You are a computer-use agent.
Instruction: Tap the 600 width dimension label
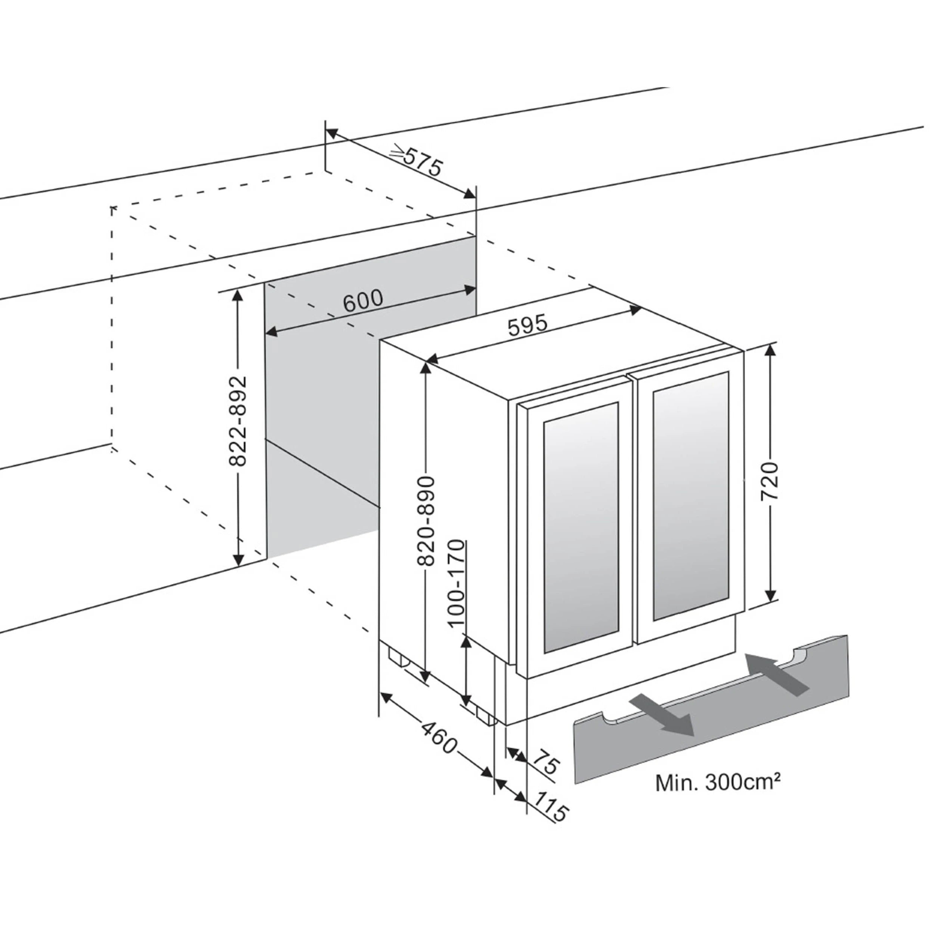[x=363, y=300]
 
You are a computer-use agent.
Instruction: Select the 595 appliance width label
[x=528, y=325]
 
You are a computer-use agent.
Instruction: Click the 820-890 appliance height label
[x=426, y=521]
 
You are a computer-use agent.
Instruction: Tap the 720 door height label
[x=769, y=481]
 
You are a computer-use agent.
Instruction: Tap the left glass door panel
[x=581, y=527]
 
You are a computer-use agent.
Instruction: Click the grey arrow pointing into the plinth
[x=776, y=674]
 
